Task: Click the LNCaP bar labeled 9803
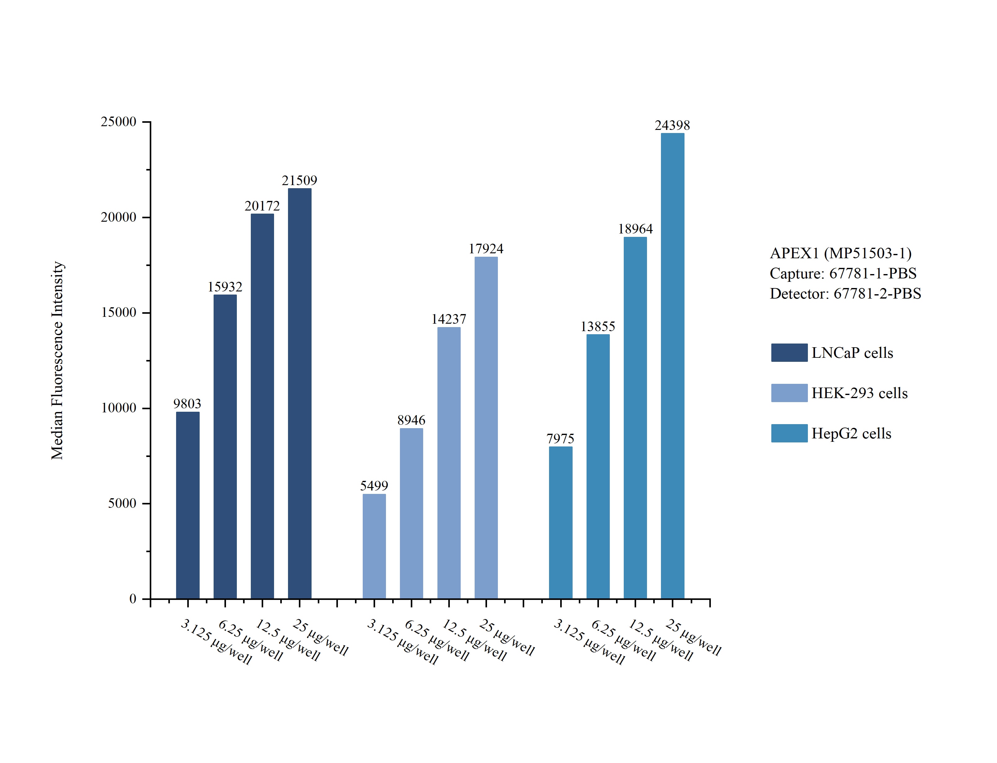coord(188,505)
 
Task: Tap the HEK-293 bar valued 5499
coord(374,546)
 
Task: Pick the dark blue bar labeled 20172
coord(262,406)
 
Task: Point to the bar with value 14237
coord(449,463)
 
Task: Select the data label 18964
coord(635,229)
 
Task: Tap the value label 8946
coord(411,420)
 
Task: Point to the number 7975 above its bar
coord(560,439)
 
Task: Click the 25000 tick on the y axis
coord(118,122)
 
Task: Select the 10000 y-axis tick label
coord(118,408)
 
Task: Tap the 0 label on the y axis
coord(133,599)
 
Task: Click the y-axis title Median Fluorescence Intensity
coord(57,360)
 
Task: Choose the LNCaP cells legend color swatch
coord(789,353)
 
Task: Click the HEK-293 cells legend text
coord(859,393)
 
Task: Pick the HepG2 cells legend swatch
coord(789,433)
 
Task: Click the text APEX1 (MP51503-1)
coord(840,253)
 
